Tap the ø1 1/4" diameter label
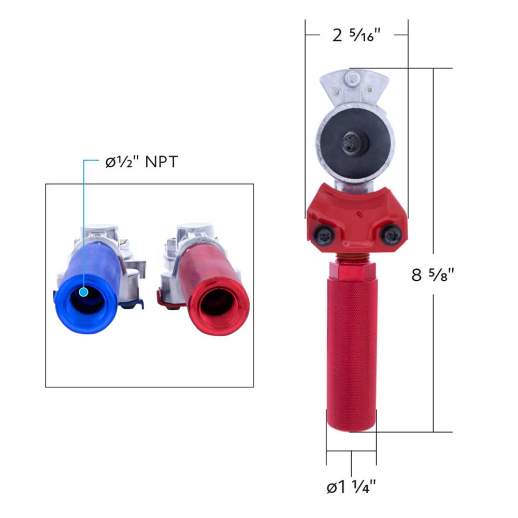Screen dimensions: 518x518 (x=351, y=487)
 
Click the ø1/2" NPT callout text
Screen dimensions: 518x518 (x=138, y=162)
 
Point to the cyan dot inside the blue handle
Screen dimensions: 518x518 (x=84, y=293)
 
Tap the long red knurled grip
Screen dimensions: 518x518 (x=351, y=352)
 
